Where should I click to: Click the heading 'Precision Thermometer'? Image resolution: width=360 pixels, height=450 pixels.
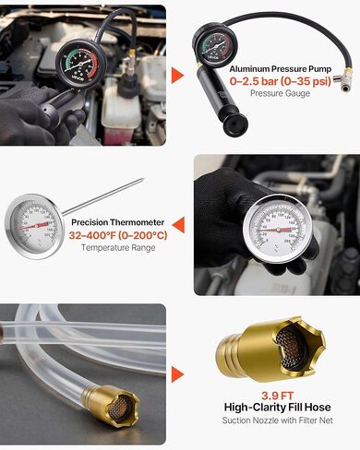(x=117, y=222)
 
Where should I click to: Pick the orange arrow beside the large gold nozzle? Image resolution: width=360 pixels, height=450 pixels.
(x=179, y=373)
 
